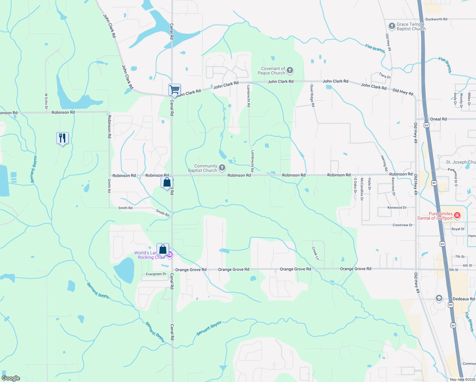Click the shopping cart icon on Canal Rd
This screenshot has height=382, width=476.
(x=174, y=90)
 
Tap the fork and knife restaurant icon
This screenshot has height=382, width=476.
(x=62, y=138)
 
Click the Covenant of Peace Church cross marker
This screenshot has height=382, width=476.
(x=290, y=70)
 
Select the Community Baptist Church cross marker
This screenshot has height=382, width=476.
(x=222, y=168)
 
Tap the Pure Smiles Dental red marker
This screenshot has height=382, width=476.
(x=457, y=216)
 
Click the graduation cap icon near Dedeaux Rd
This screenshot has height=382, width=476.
(x=439, y=298)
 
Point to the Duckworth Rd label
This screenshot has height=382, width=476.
(x=436, y=19)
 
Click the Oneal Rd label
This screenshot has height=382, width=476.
(x=438, y=119)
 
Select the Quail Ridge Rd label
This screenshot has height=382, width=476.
(x=312, y=95)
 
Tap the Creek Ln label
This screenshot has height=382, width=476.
(x=315, y=253)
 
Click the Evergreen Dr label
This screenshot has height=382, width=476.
(x=156, y=274)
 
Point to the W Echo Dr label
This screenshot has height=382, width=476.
(x=46, y=101)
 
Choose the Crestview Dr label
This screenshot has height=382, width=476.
(x=402, y=225)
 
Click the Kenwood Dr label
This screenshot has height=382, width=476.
(x=397, y=208)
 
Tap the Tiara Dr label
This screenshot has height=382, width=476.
(x=385, y=75)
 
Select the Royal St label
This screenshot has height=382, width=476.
(x=458, y=229)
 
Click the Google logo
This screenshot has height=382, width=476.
(x=11, y=378)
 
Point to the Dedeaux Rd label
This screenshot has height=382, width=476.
(x=463, y=299)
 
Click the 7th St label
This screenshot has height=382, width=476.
(x=459, y=257)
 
